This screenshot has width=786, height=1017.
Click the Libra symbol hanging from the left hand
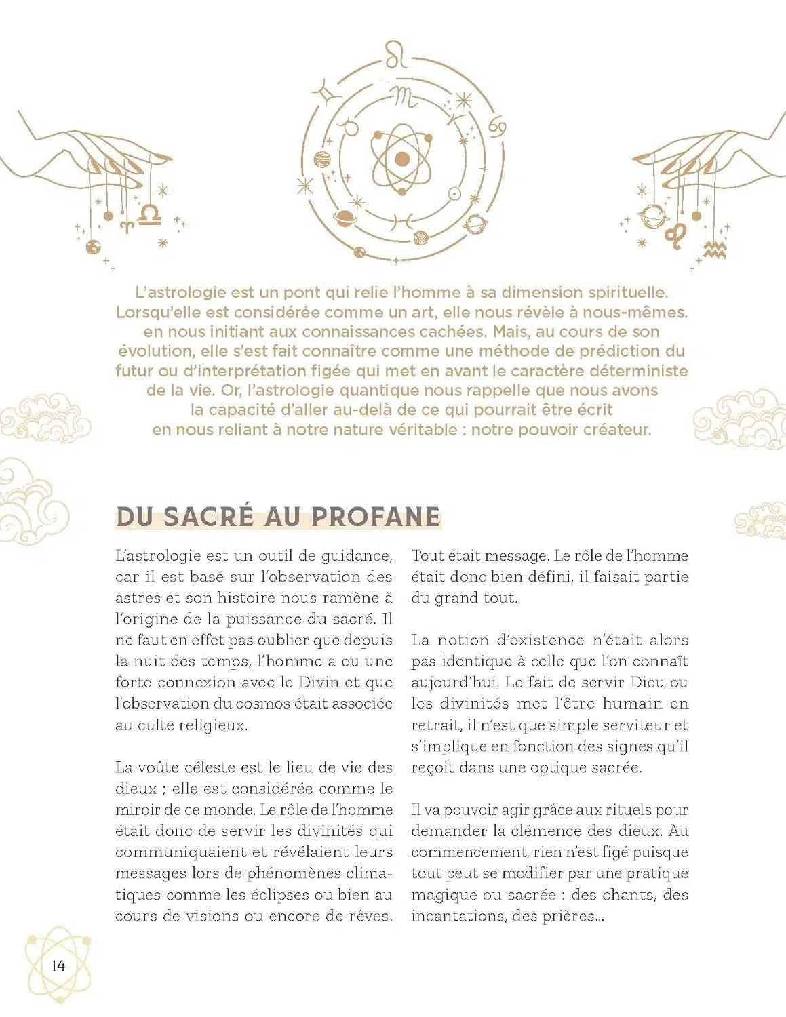[x=149, y=215]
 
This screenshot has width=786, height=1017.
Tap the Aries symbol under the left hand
[x=127, y=224]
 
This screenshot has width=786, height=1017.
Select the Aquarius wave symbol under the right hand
[x=715, y=250]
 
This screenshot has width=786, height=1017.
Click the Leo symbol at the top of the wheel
[x=397, y=54]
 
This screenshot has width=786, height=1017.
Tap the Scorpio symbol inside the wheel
[x=407, y=97]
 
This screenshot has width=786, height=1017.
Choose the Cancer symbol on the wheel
[x=497, y=125]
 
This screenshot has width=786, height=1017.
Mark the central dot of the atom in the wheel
[x=402, y=159]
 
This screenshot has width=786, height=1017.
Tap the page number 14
[x=58, y=965]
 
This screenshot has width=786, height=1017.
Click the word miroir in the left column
[x=138, y=810]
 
